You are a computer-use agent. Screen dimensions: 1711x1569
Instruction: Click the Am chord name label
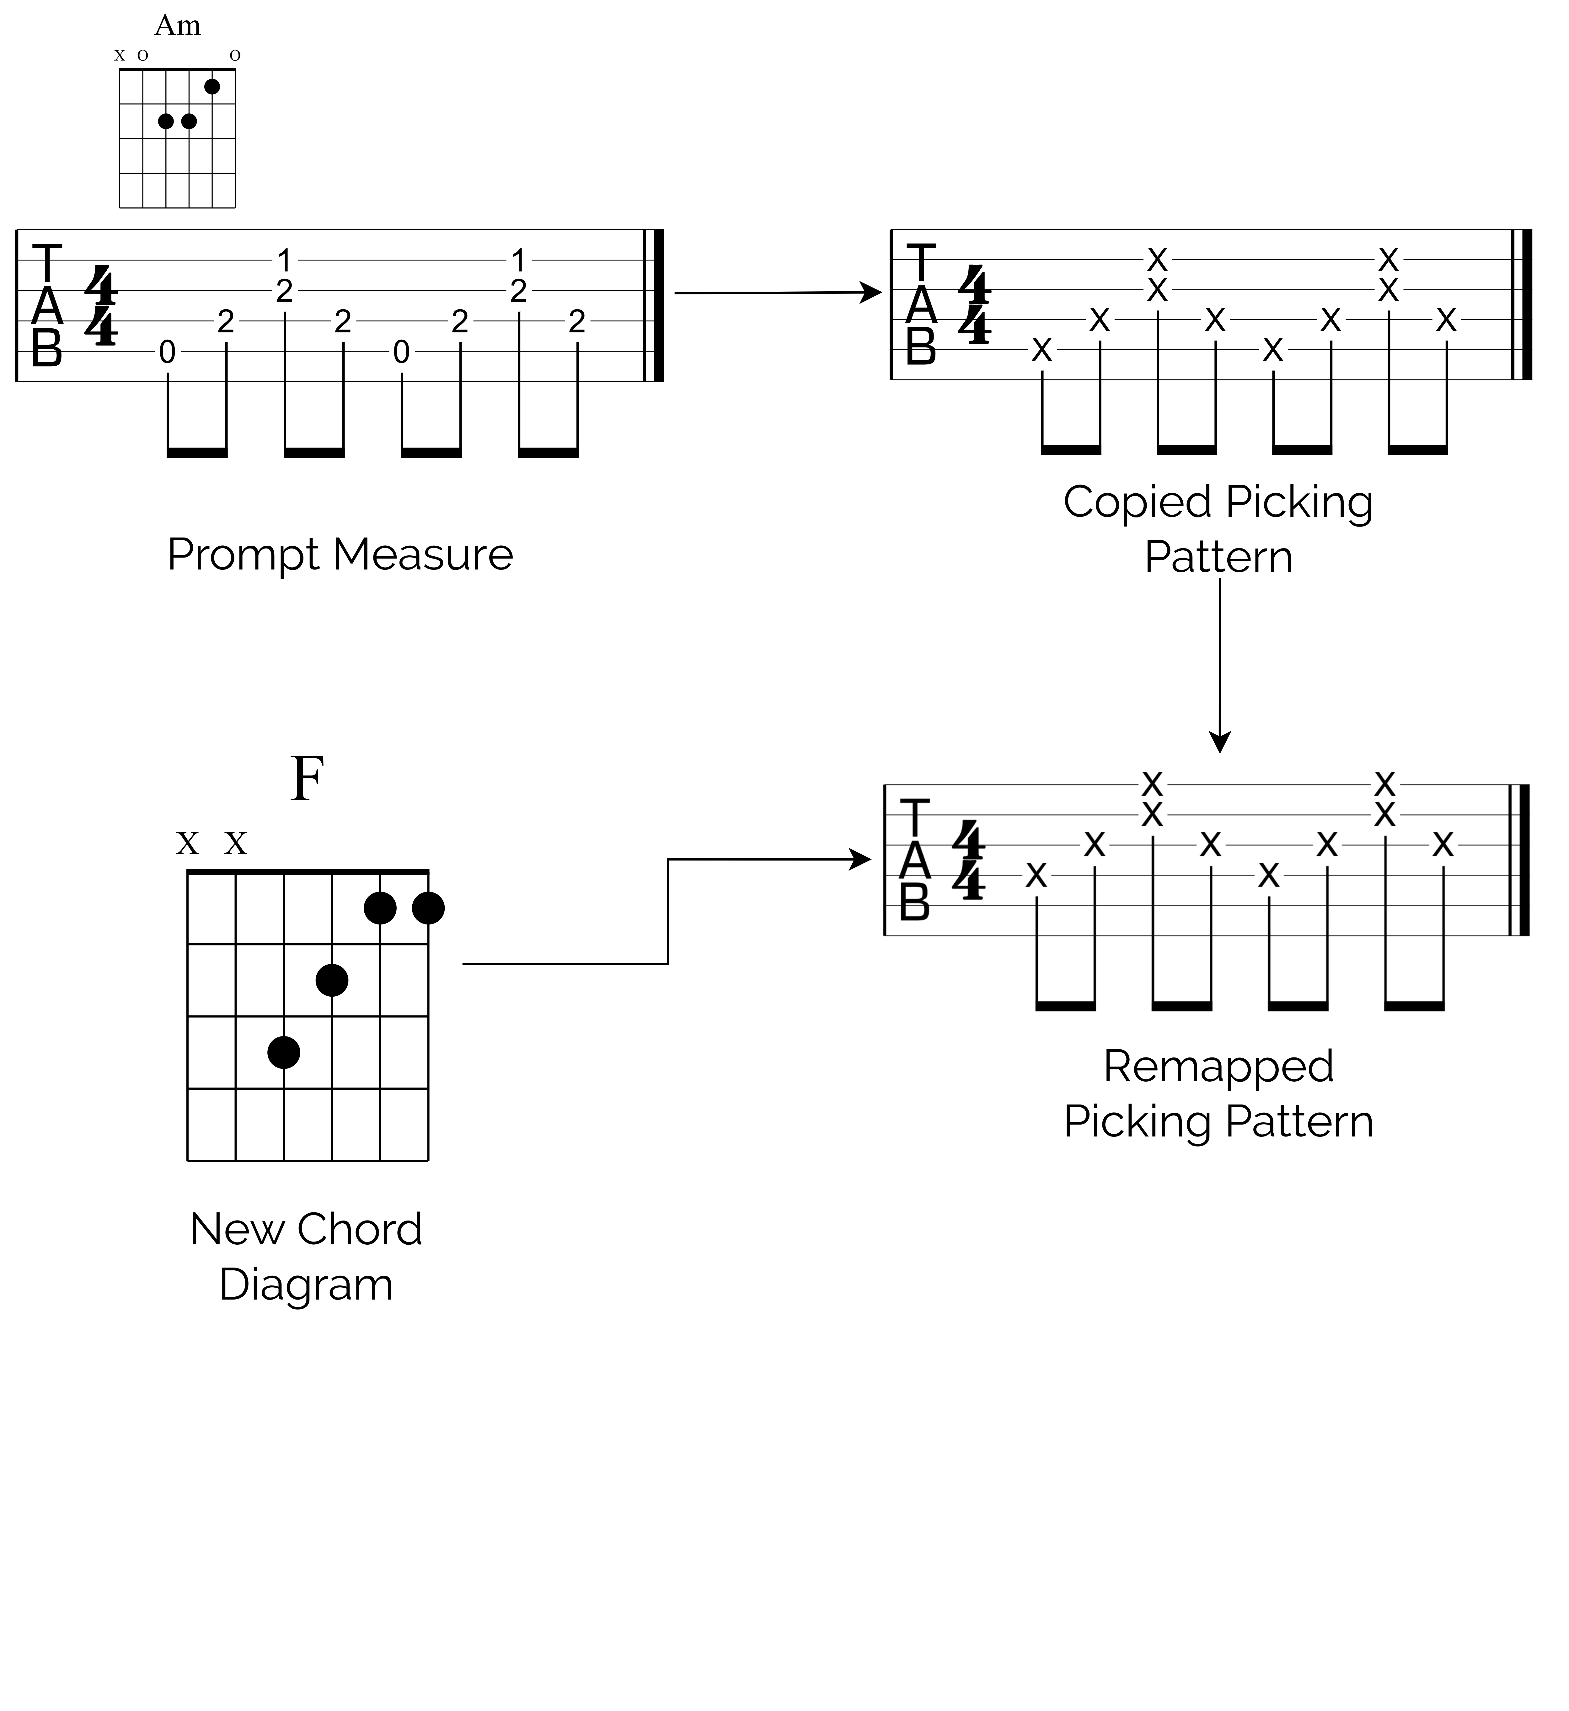pyautogui.click(x=177, y=25)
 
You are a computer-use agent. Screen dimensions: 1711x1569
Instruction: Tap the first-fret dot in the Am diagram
pyautogui.click(x=212, y=87)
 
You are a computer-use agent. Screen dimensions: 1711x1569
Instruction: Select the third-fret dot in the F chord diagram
pyautogui.click(x=284, y=1052)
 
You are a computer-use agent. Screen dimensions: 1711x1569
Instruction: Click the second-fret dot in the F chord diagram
pyautogui.click(x=332, y=980)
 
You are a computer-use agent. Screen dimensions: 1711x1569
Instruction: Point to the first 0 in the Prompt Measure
pyautogui.click(x=167, y=351)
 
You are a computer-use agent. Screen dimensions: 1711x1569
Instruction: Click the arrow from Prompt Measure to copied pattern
pyautogui.click(x=777, y=293)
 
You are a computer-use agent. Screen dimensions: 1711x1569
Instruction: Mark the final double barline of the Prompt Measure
pyautogui.click(x=655, y=305)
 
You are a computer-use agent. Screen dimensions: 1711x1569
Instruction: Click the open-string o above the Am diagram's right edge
pyautogui.click(x=235, y=55)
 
